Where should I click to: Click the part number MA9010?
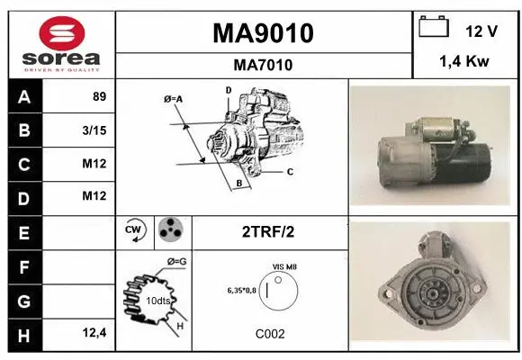point(263,33)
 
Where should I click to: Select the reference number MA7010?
point(263,65)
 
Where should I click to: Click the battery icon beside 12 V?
point(434,30)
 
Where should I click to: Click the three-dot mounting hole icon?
point(169,230)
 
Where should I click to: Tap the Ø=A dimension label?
point(174,98)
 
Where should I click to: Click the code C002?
point(270,334)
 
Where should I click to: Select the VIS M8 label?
point(286,267)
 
